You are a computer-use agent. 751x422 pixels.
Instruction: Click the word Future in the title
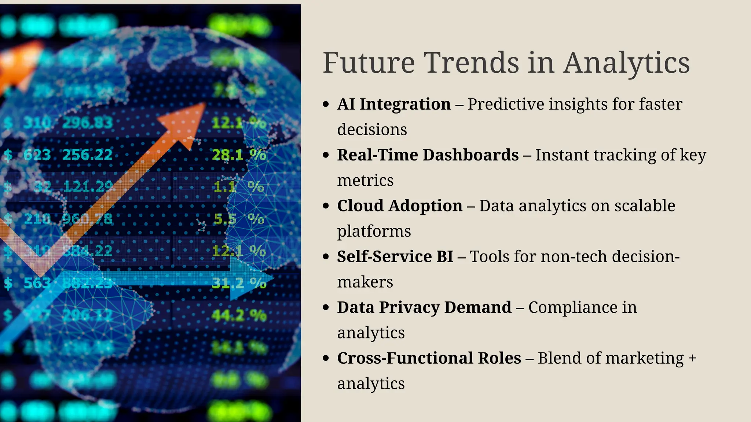click(369, 63)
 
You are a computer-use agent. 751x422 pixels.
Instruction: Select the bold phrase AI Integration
click(394, 104)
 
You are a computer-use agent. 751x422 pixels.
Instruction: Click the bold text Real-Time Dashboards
click(428, 155)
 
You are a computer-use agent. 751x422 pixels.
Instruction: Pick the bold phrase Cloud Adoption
click(400, 206)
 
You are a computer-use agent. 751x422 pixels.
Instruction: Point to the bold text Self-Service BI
click(395, 256)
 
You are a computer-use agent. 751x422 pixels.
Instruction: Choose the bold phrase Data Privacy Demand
click(424, 307)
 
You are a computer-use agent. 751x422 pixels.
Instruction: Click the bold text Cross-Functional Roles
click(429, 358)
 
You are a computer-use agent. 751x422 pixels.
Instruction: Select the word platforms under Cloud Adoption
click(374, 232)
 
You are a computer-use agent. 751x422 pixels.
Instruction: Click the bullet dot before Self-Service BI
click(326, 257)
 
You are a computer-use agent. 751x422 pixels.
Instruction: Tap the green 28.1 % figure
click(239, 155)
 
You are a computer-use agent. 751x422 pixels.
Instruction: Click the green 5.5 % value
click(239, 219)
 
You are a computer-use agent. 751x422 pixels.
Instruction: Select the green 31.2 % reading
click(239, 283)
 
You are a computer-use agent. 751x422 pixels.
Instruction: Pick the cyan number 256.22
click(87, 155)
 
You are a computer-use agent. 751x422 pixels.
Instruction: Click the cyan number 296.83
click(87, 123)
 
